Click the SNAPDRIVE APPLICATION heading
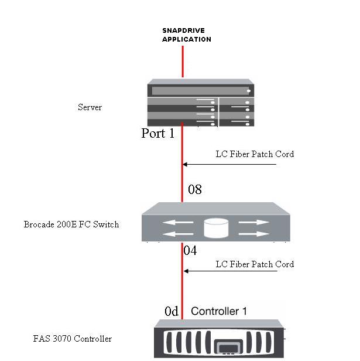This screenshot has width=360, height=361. tap(186, 35)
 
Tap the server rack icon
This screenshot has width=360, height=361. tap(200, 104)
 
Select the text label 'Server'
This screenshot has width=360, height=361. tap(90, 107)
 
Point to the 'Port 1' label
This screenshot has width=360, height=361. tap(158, 134)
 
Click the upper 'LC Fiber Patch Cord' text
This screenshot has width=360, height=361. tap(255, 154)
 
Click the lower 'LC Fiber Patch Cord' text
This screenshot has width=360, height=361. tap(255, 264)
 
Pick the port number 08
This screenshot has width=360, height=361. tap(195, 189)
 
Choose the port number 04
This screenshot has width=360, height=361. tap(190, 251)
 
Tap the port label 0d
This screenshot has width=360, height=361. tap(172, 312)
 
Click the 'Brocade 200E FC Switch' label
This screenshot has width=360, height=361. tap(71, 224)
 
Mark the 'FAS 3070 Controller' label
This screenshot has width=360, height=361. tap(73, 339)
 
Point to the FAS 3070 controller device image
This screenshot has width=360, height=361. tap(219, 340)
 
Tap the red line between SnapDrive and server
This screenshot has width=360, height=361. tap(183, 62)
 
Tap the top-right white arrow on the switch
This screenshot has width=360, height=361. tap(254, 222)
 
